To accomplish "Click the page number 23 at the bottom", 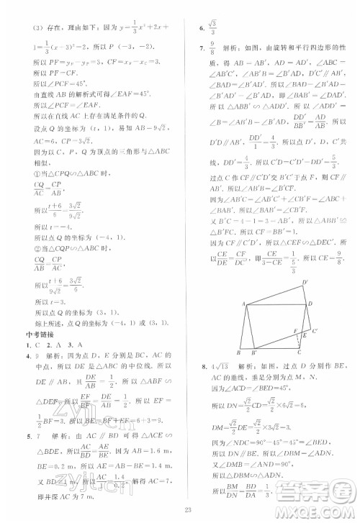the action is click(x=180, y=510).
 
